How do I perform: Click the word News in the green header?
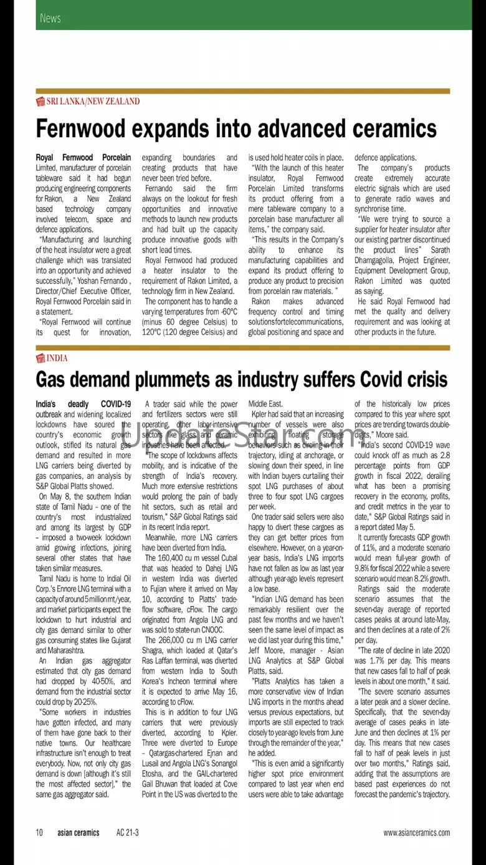click(x=50, y=18)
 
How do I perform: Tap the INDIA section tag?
click(x=57, y=358)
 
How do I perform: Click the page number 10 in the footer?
click(x=39, y=833)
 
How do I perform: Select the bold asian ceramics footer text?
click(x=79, y=833)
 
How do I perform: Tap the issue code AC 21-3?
click(x=128, y=833)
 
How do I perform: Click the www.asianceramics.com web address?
click(x=416, y=833)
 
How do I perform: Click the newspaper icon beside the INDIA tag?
click(x=40, y=358)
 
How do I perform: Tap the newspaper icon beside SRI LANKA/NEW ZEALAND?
click(x=40, y=101)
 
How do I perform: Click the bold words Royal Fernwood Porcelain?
click(x=83, y=158)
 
